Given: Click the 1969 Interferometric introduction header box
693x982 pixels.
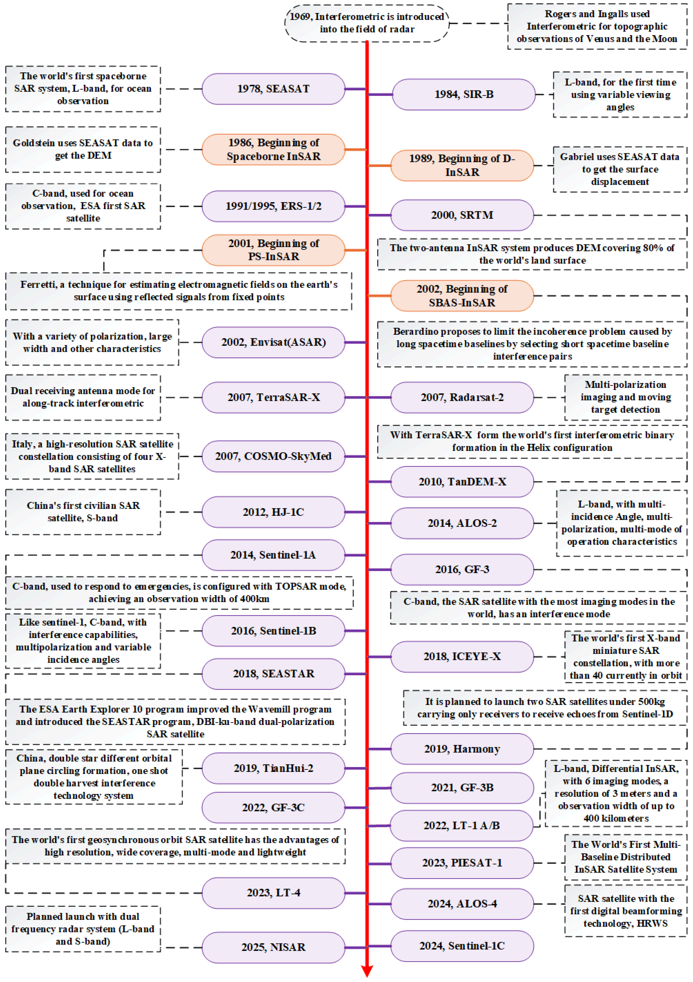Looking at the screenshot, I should point(367,23).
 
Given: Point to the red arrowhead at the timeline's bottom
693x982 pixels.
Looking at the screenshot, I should point(367,971).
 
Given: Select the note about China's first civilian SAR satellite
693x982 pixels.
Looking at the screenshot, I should point(83,512).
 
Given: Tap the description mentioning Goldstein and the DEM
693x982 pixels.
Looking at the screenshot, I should point(83,149).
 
